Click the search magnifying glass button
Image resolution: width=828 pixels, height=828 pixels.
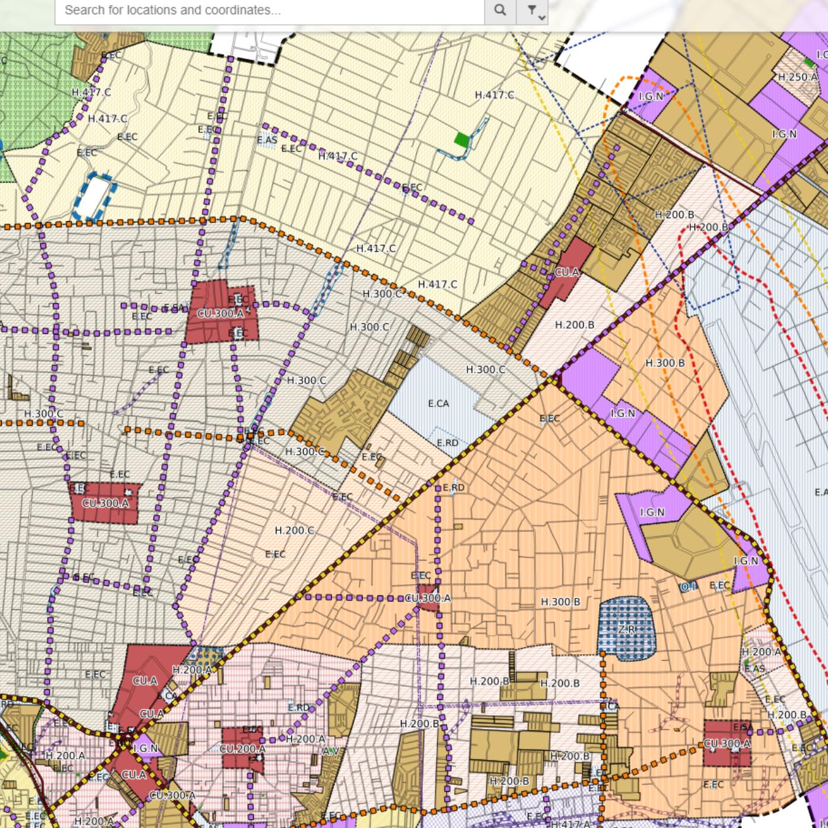[x=500, y=10]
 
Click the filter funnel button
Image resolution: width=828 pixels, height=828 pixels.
[x=532, y=10]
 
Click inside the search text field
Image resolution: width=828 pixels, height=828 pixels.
[x=267, y=10]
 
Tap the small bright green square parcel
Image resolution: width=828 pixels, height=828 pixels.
[x=461, y=139]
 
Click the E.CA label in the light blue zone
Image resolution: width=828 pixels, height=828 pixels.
[x=438, y=403]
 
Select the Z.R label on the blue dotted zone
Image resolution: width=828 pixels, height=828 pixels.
[x=627, y=629]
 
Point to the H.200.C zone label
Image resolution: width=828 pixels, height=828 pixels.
[x=294, y=530]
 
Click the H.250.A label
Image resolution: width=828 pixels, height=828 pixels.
[x=797, y=77]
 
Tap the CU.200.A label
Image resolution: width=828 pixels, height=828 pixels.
[x=243, y=749]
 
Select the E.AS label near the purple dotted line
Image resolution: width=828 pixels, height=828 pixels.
[x=267, y=140]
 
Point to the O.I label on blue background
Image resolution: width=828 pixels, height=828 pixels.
[x=688, y=587]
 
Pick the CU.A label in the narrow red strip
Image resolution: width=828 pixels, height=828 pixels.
[x=566, y=272]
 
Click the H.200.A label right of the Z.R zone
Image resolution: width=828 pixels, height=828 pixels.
[x=761, y=651]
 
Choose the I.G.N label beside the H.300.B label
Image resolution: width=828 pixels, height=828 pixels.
[x=623, y=413]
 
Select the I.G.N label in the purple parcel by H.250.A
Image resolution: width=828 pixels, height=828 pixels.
[x=784, y=134]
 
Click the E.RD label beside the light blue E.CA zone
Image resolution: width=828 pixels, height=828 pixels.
[x=447, y=442]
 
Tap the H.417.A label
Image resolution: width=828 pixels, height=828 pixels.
[x=571, y=823]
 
